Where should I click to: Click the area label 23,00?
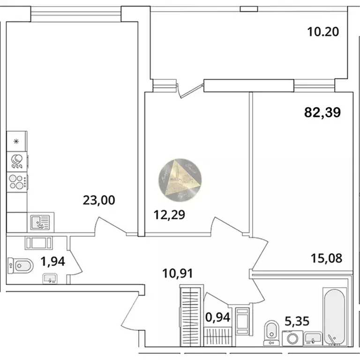[98, 200]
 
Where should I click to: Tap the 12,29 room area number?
[170, 215]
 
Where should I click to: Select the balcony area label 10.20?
[322, 32]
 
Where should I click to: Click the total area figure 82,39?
[322, 112]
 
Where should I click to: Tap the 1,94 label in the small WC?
[52, 261]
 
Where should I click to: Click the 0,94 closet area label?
[218, 317]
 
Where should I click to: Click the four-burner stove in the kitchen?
[17, 181]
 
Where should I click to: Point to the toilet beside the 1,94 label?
[20, 266]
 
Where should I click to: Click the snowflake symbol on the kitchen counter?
[17, 141]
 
